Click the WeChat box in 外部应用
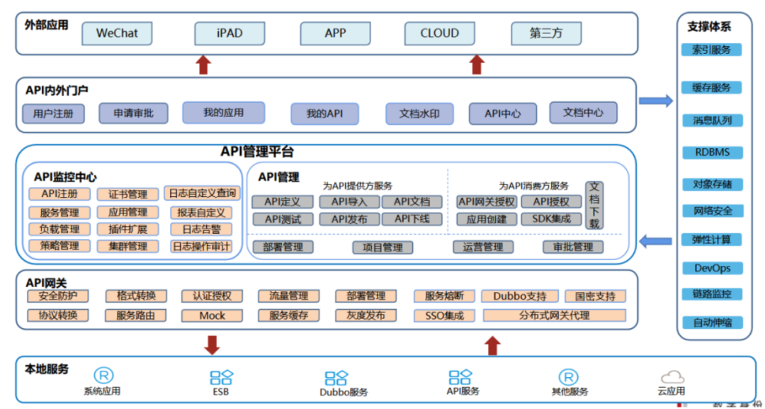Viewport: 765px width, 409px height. pos(117,33)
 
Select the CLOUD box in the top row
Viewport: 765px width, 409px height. pos(439,33)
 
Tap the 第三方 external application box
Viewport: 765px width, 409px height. pos(546,33)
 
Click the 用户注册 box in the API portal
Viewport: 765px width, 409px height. pos(54,113)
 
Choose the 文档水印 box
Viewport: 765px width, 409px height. pos(419,113)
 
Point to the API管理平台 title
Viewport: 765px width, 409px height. pos(257,152)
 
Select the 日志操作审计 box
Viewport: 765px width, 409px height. pos(202,247)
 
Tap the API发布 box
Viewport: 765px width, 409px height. pos(349,219)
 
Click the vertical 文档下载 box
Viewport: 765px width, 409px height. pos(594,205)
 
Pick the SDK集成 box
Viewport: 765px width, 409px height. pos(551,219)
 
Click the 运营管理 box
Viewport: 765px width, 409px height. pos(483,247)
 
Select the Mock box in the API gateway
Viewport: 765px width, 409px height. pos(212,315)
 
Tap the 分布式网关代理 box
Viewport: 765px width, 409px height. pos(554,315)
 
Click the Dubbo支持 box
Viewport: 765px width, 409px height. pos(519,296)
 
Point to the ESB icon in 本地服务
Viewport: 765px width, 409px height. pos(221,378)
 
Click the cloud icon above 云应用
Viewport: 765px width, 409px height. pos(672,377)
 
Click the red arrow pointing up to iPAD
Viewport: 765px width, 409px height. pos(203,65)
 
